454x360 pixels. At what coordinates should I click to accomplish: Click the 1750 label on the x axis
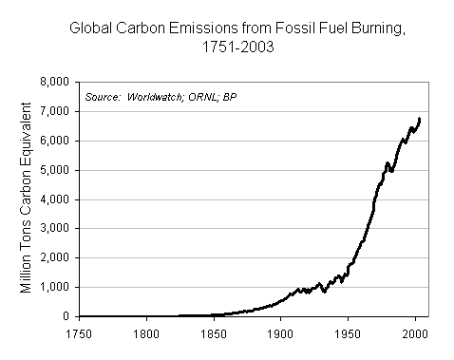coord(79,332)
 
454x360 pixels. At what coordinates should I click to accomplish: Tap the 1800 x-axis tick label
coord(146,332)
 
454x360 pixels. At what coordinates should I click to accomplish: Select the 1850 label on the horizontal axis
coord(214,332)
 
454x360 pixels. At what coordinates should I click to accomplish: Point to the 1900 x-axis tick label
coord(280,332)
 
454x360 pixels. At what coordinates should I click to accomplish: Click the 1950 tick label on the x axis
coord(348,332)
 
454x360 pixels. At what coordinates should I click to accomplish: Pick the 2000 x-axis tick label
coord(415,332)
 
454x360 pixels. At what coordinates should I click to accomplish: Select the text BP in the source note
coord(231,97)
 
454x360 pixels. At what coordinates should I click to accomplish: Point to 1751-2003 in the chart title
coord(227,47)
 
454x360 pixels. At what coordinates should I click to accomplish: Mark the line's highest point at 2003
coord(420,119)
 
